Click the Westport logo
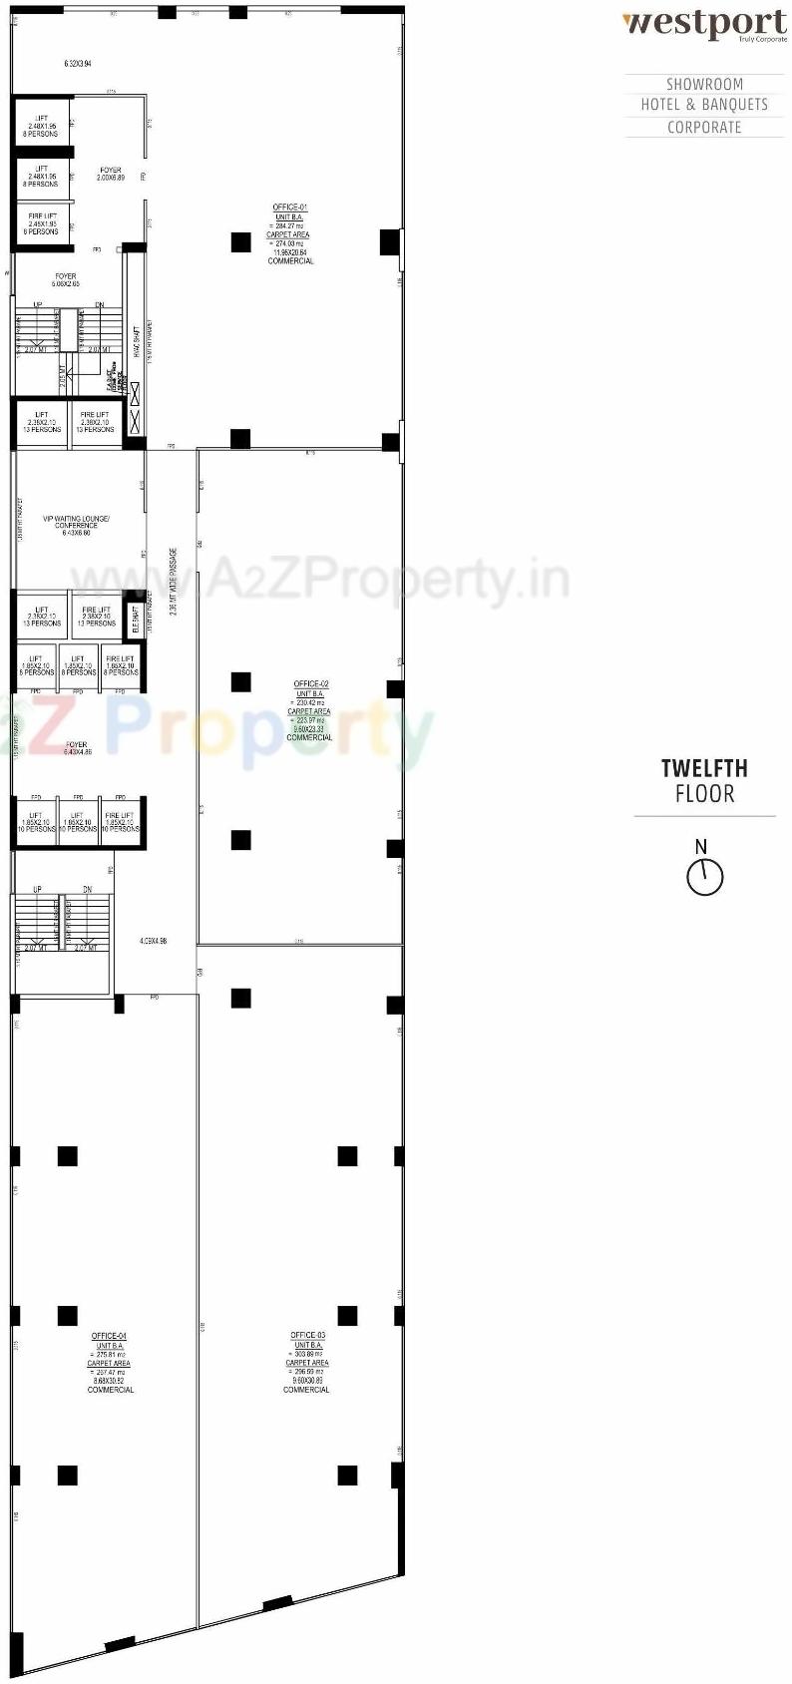pos(704,24)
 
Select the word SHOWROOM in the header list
pos(704,85)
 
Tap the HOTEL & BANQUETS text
pos(704,105)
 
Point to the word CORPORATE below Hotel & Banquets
pos(704,128)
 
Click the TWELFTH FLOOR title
pos(704,781)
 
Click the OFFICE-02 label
pos(311,685)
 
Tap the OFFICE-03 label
pos(307,1335)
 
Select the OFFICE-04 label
pos(109,1336)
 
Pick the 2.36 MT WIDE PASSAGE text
pos(174,583)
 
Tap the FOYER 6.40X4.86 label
pos(77,748)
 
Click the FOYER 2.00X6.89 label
pos(111,175)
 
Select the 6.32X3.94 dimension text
pos(78,64)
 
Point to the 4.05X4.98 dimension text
pos(154,941)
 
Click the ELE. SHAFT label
pos(136,620)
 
